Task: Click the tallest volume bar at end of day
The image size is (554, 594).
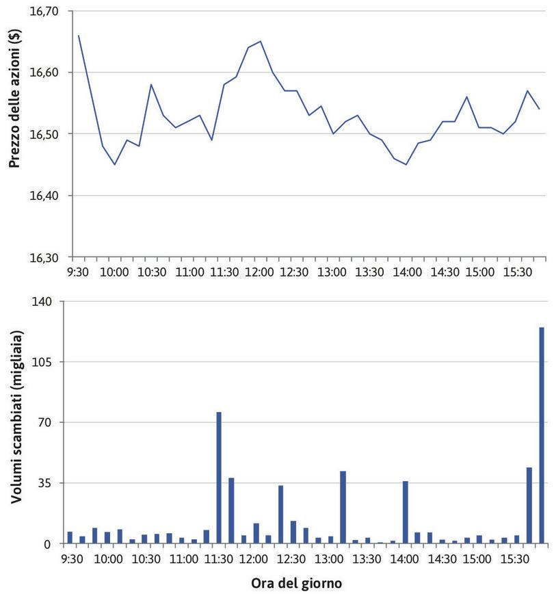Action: (x=542, y=435)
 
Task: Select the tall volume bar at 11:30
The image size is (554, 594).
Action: (x=219, y=478)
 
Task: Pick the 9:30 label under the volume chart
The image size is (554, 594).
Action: (x=72, y=558)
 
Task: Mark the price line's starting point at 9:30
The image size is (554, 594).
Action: (x=79, y=36)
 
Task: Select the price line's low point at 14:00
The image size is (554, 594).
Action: (x=406, y=164)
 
